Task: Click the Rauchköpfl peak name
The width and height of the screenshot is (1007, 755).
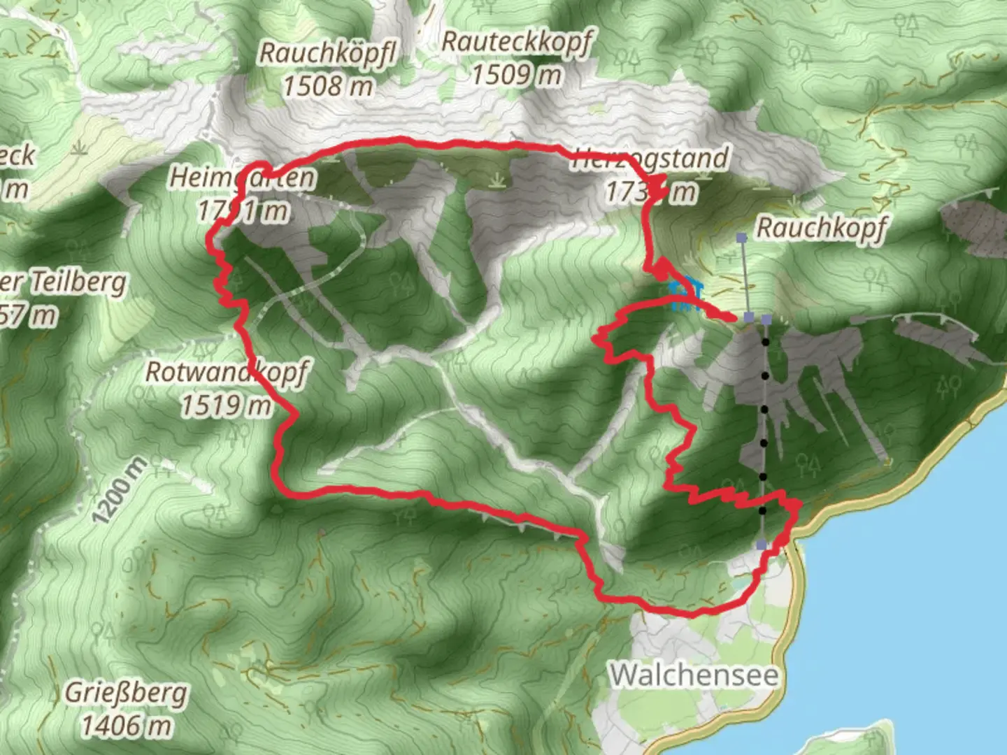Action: (328, 53)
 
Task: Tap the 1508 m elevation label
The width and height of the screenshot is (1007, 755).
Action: (328, 86)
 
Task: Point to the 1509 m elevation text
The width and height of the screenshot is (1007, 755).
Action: (517, 73)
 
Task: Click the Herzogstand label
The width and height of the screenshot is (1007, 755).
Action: (650, 159)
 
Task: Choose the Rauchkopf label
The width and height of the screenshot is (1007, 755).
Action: (822, 227)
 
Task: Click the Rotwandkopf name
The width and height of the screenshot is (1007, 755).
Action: (226, 372)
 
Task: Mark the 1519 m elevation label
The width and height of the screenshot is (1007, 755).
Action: (226, 405)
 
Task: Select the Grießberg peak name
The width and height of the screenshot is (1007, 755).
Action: (127, 693)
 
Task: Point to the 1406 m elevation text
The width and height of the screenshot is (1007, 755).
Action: (127, 726)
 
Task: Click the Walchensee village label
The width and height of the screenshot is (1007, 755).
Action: (694, 675)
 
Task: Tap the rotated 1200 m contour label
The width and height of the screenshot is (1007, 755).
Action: (120, 491)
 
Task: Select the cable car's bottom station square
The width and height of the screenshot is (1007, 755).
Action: (762, 545)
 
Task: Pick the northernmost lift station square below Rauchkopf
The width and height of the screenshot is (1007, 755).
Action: (742, 238)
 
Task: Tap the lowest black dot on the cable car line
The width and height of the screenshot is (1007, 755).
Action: (762, 511)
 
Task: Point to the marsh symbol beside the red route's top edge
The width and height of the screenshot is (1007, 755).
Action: (497, 182)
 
